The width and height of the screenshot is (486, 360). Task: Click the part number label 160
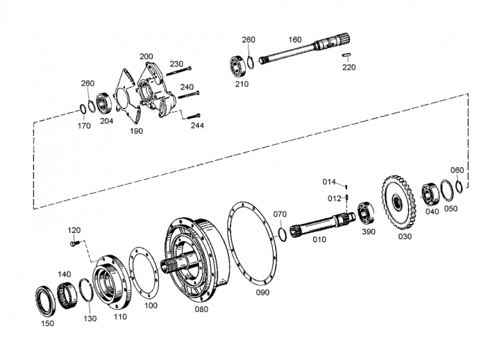pyautogui.click(x=295, y=40)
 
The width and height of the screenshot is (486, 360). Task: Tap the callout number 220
pyautogui.click(x=349, y=67)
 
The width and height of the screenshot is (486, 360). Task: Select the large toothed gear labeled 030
pyautogui.click(x=398, y=202)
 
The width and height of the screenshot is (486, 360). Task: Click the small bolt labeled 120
pyautogui.click(x=75, y=243)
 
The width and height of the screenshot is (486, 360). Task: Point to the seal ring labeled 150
pyautogui.click(x=46, y=302)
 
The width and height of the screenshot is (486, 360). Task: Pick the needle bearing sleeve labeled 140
pyautogui.click(x=67, y=295)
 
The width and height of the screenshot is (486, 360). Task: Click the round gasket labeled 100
pyautogui.click(x=144, y=270)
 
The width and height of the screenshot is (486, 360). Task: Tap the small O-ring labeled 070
pyautogui.click(x=282, y=234)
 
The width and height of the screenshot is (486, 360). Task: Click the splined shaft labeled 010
pyautogui.click(x=322, y=224)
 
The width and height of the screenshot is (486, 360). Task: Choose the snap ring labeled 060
pyautogui.click(x=460, y=187)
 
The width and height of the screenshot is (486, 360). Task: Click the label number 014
pyautogui.click(x=329, y=182)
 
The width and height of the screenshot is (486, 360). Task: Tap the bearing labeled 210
pyautogui.click(x=238, y=66)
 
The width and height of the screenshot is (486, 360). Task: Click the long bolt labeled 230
pyautogui.click(x=179, y=71)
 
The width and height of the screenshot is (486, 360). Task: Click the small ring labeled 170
pyautogui.click(x=83, y=110)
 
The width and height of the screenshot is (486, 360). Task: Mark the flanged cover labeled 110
pyautogui.click(x=112, y=282)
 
